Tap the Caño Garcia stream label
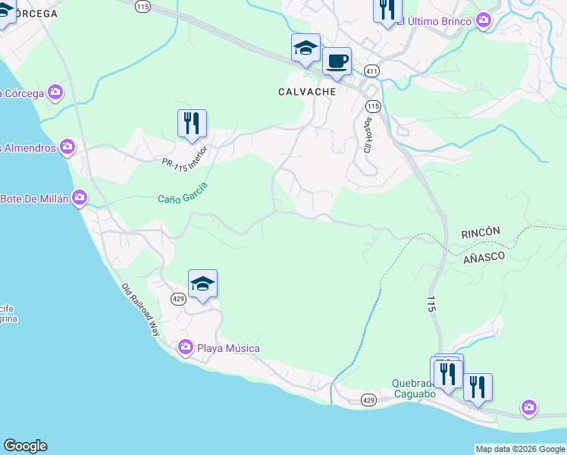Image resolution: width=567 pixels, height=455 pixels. (183, 193)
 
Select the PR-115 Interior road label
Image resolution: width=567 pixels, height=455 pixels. (183, 155)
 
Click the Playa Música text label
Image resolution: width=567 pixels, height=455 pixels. (228, 348)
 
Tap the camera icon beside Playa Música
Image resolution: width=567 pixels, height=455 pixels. (186, 348)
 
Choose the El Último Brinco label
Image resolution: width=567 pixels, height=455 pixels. (434, 20)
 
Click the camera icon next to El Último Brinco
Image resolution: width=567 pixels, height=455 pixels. (484, 20)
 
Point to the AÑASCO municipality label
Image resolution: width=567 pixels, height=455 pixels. (484, 258)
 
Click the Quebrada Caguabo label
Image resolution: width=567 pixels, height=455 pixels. (414, 389)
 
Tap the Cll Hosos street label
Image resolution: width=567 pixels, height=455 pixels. (368, 135)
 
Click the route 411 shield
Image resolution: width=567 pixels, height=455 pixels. (371, 71)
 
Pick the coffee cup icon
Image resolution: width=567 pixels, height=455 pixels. (337, 61)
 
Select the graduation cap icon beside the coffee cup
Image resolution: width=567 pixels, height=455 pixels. (305, 47)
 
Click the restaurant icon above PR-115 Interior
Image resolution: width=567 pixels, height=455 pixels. (192, 123)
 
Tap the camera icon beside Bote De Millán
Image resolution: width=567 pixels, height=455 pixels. (80, 199)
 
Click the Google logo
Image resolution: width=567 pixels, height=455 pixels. (25, 446)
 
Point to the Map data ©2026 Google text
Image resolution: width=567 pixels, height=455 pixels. (520, 449)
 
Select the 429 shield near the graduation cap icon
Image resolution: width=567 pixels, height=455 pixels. (178, 299)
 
